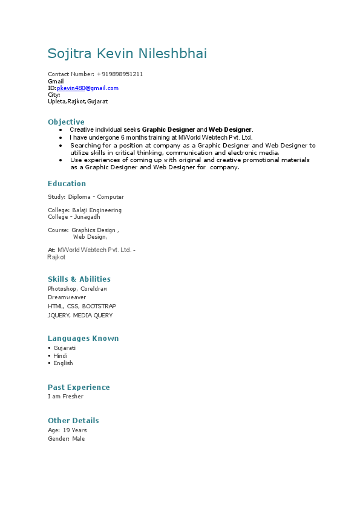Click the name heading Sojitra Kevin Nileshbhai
(x=127, y=54)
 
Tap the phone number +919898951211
(x=120, y=74)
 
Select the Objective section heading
(x=66, y=122)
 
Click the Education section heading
(x=67, y=184)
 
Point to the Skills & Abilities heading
(x=79, y=279)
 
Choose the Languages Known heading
(x=83, y=339)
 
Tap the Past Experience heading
(x=79, y=387)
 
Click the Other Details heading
(x=73, y=421)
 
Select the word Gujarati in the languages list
(x=64, y=348)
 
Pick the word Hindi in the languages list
(x=61, y=356)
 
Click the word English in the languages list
(x=63, y=363)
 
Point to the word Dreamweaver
(x=67, y=297)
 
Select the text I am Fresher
(x=65, y=397)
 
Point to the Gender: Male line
(x=67, y=439)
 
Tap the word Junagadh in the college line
(x=87, y=216)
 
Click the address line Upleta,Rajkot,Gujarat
(x=77, y=102)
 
